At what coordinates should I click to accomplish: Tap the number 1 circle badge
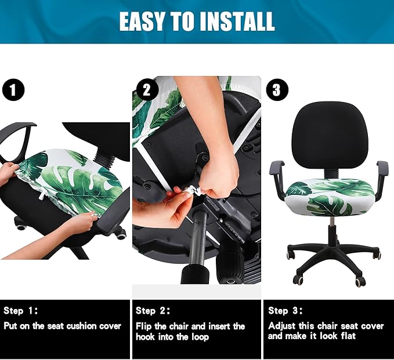(13, 90)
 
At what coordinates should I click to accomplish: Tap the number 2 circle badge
(147, 90)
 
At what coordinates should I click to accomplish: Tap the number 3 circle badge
(276, 90)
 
